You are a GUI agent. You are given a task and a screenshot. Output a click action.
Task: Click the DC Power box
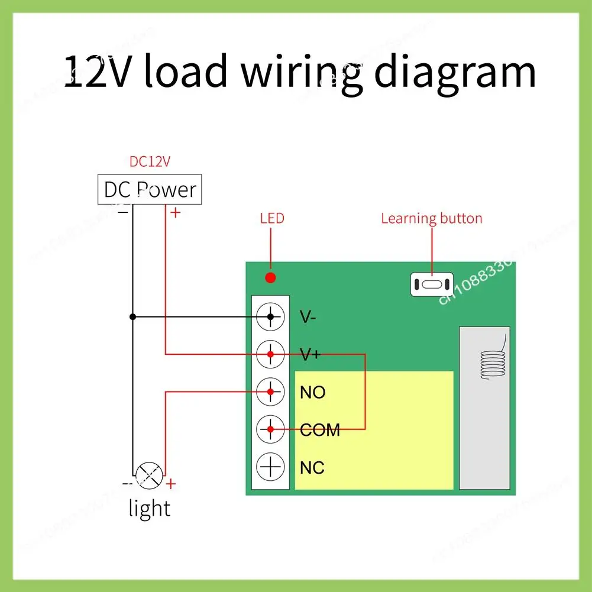pos(150,189)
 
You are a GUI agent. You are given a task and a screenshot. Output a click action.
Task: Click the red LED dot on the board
pos(270,278)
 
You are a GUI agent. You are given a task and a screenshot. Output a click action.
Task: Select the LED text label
pos(272,218)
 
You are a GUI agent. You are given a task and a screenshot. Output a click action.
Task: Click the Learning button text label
pos(432,218)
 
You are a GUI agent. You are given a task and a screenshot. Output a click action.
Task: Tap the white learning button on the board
pos(432,284)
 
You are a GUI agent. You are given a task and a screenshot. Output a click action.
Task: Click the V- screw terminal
pos(270,317)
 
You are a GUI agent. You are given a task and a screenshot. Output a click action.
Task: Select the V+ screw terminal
pos(270,354)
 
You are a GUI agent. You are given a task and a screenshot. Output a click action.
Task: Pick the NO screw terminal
pos(270,392)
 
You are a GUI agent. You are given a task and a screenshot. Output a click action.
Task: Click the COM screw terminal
pos(270,429)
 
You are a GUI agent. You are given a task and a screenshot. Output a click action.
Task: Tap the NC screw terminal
pos(270,467)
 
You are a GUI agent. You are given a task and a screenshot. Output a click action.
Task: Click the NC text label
pos(312,468)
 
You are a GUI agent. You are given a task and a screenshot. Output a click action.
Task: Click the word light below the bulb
pos(149,508)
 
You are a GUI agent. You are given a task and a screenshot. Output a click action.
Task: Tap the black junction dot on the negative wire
pos(132,317)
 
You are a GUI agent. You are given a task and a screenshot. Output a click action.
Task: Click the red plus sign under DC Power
pos(176,212)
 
